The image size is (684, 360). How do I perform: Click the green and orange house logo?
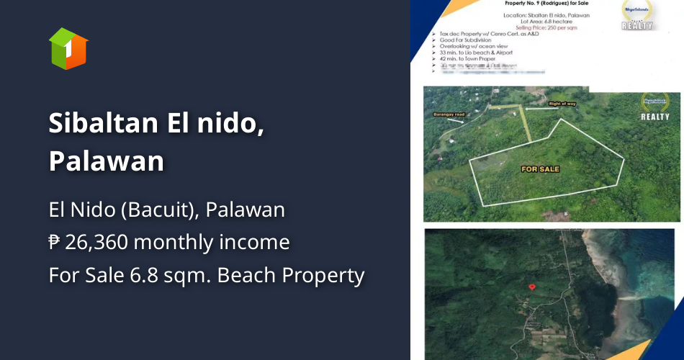tap(68, 48)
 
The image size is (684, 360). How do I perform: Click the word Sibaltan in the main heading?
tap(104, 124)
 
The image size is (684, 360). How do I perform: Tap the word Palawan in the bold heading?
tap(107, 161)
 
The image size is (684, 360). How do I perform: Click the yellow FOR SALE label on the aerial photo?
tap(540, 169)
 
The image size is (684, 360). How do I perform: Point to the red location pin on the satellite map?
tap(532, 287)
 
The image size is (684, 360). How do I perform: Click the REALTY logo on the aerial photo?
tap(654, 107)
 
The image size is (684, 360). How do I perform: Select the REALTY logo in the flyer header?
tap(638, 15)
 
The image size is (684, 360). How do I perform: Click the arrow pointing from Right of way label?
tap(536, 107)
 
